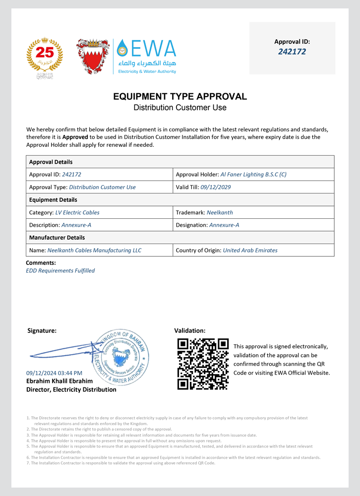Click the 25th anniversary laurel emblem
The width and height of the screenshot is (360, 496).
(45, 56)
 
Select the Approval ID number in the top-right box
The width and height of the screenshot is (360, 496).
(292, 52)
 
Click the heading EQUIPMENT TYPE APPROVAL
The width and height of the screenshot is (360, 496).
(180, 96)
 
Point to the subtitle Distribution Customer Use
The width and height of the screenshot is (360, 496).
(180, 107)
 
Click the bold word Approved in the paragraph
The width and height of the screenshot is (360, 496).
(75, 137)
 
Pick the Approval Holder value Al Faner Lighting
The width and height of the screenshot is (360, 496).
(253, 175)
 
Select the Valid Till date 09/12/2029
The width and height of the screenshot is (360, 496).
(216, 187)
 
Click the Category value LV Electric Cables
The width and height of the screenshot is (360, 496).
(77, 213)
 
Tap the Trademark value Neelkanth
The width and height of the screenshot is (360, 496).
(220, 213)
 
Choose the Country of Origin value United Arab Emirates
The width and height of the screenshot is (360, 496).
(250, 250)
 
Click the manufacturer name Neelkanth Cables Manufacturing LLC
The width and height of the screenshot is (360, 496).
(94, 250)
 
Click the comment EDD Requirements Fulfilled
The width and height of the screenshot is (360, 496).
(60, 271)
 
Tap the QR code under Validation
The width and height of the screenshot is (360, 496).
(203, 364)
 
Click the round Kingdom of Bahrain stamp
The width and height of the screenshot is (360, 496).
(119, 358)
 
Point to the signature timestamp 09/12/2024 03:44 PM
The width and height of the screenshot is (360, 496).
(54, 373)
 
